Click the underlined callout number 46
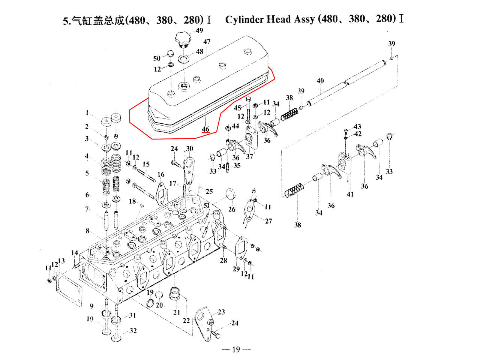(205, 129)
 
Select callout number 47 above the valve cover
(207, 42)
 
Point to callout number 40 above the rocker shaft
(320, 81)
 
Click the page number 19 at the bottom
(236, 349)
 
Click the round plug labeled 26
(231, 195)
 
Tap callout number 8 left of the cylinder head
(87, 231)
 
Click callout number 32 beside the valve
(133, 331)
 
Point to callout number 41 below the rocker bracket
(350, 194)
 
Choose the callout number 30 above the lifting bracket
(189, 149)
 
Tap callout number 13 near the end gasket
(61, 261)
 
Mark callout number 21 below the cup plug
(177, 312)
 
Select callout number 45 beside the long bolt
(237, 108)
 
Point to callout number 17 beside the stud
(172, 183)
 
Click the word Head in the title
(278, 19)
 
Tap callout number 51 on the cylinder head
(207, 205)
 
